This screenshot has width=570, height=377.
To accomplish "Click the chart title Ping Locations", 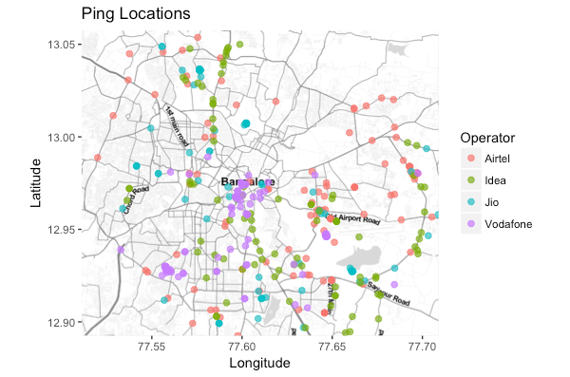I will (x=136, y=14).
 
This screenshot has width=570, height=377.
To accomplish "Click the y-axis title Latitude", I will (x=35, y=183).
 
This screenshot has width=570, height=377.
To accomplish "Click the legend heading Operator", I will (x=483, y=137).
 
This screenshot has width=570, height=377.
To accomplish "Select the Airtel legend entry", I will (x=497, y=157).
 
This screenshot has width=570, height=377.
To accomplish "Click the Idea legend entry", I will (x=495, y=179).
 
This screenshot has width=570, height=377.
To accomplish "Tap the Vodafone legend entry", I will (x=507, y=224).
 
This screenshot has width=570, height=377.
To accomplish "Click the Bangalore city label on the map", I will (x=248, y=181).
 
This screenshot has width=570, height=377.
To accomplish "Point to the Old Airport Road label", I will (x=351, y=217).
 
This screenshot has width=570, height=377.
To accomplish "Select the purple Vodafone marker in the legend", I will (x=469, y=224).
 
